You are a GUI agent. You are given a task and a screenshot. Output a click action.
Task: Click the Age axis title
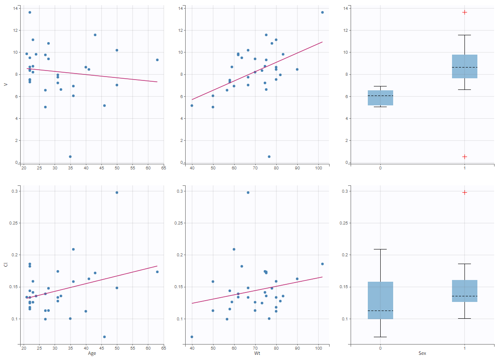[x=92, y=354]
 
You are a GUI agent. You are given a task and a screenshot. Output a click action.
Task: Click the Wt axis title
[x=257, y=354]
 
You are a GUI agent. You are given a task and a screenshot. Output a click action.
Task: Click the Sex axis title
[x=422, y=354]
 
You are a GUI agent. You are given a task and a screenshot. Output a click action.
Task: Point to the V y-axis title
[x=6, y=84]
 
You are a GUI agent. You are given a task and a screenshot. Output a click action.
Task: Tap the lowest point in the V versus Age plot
[x=70, y=157]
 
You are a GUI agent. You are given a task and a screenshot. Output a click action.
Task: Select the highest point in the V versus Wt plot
[x=322, y=12]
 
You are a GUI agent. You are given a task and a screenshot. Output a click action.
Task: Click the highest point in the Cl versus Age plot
[x=117, y=193]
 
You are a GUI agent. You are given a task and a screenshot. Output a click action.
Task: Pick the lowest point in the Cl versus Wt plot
[x=192, y=337]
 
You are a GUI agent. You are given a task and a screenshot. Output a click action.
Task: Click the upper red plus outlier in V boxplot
[x=464, y=12]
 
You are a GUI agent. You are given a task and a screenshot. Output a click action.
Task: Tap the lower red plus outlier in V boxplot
[x=464, y=157]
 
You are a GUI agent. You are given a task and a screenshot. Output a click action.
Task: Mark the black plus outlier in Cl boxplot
[x=464, y=193]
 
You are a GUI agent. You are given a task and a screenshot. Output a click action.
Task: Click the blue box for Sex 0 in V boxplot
[x=380, y=98]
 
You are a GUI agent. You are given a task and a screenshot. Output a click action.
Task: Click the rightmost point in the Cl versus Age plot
[x=157, y=272]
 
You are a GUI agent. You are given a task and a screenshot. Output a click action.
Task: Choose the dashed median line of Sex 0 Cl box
[x=380, y=311]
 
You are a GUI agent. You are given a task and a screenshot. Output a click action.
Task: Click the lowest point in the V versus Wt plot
[x=269, y=157]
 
